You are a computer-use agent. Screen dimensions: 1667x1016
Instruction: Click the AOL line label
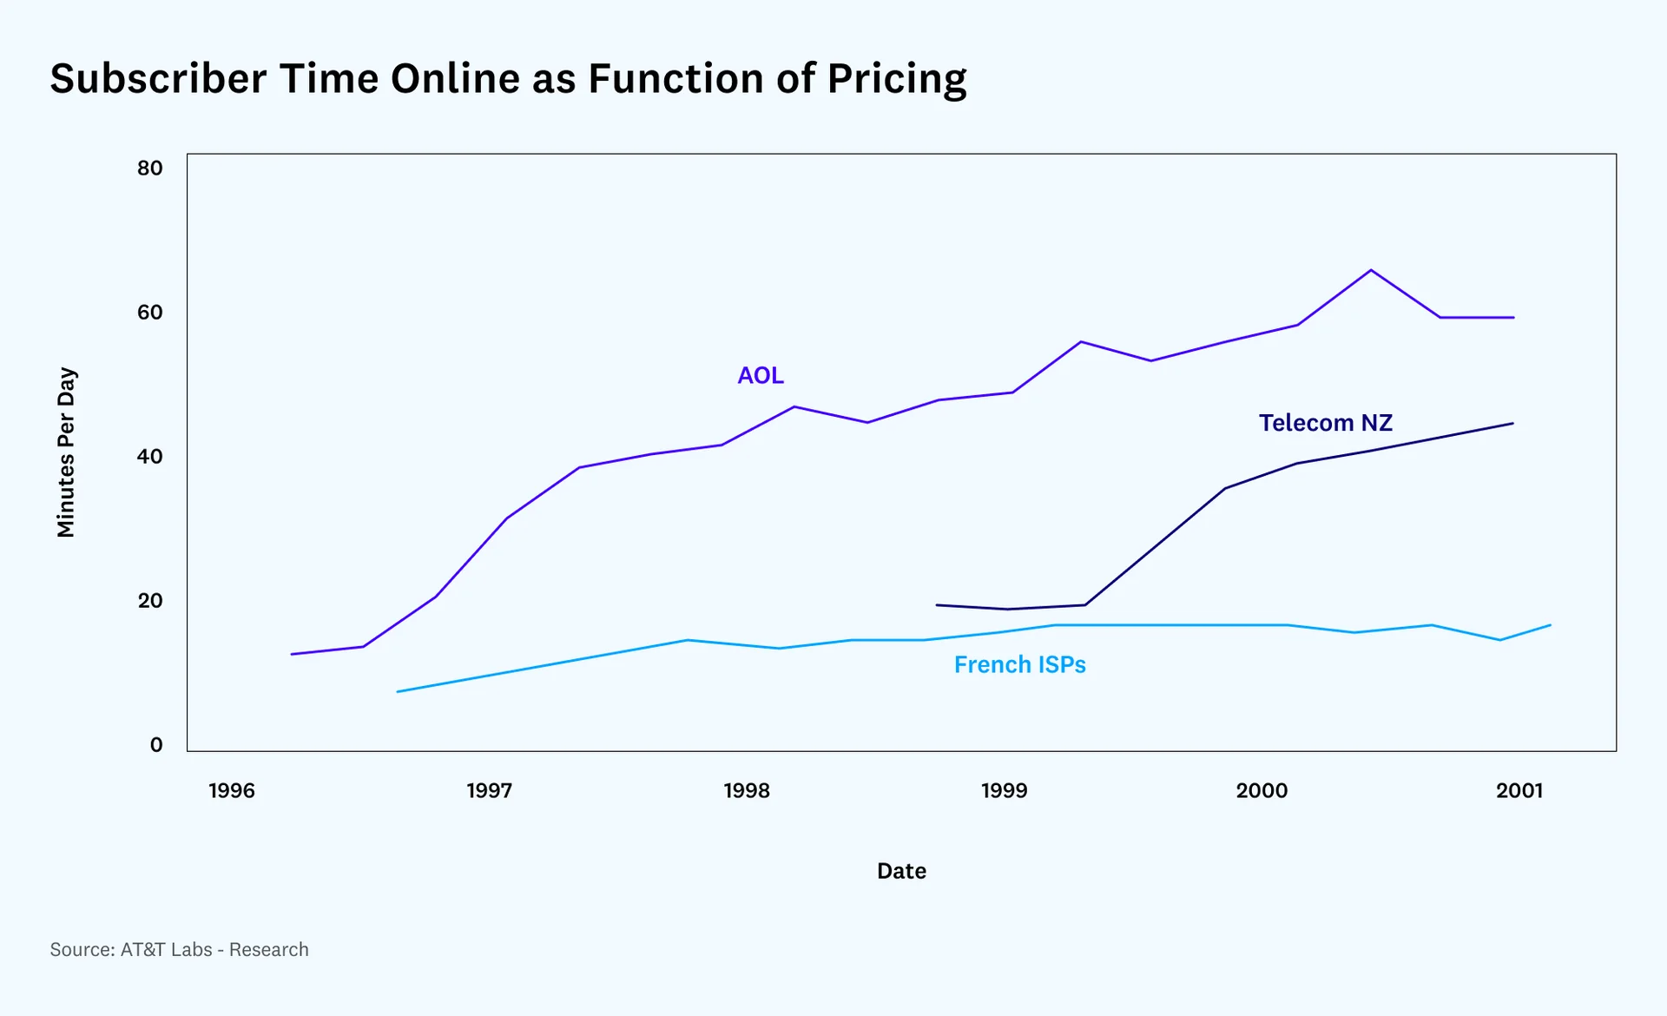(761, 375)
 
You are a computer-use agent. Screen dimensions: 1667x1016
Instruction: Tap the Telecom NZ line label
(1326, 423)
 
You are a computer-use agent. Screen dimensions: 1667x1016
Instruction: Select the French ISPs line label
(1020, 664)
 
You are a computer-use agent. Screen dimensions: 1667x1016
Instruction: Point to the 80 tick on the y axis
(150, 168)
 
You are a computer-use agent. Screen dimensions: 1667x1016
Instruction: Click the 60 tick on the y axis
(150, 312)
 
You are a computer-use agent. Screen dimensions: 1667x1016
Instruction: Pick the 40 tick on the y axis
(150, 456)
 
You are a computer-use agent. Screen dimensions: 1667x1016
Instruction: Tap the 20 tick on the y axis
(150, 600)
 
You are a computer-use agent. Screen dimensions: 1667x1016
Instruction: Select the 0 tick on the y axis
(156, 744)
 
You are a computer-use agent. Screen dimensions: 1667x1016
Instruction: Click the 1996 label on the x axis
(232, 790)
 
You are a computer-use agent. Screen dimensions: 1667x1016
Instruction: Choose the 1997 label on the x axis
(490, 790)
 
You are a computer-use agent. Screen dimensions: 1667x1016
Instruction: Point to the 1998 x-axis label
(747, 790)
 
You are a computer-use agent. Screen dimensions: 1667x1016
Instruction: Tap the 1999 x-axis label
(1005, 790)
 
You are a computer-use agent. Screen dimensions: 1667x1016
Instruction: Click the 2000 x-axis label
(1262, 790)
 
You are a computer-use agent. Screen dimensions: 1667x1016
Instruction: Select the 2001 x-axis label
(1519, 790)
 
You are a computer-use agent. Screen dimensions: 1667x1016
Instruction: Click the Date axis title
(901, 871)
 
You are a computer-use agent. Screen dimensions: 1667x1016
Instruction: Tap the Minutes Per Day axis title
(66, 452)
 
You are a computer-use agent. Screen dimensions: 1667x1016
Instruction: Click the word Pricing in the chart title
(897, 79)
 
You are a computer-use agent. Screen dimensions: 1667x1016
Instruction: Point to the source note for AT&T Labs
(179, 949)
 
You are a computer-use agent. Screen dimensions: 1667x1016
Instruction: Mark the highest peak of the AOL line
(1371, 270)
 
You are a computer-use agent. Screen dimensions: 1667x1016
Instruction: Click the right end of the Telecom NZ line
(1513, 424)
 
